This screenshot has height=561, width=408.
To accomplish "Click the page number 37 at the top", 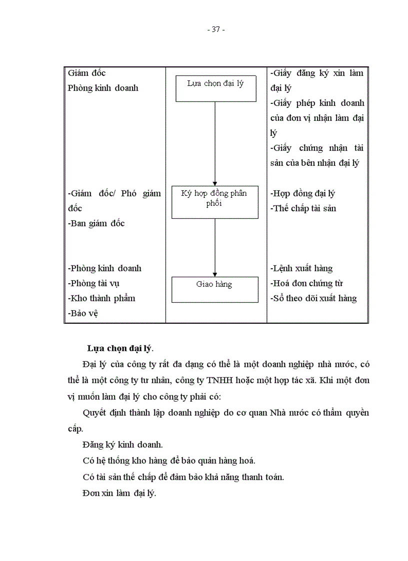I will pos(216,29).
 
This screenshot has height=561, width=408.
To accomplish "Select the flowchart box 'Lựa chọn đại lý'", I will pos(215,88).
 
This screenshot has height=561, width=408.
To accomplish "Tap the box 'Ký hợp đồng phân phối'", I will pos(215,202).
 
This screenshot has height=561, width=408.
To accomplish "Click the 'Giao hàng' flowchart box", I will pos(215,289).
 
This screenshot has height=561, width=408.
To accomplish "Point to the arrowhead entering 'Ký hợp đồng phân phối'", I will pos(215,182).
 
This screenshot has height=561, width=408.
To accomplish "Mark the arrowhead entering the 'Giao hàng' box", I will pos(215,274).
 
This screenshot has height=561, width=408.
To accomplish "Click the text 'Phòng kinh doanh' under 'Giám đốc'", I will pos(103,88).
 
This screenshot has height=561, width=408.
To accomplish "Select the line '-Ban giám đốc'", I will pos(96,223).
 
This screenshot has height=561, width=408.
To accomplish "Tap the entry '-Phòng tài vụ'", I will pos(93,283).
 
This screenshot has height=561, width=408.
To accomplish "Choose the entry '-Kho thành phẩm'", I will pos(101,298).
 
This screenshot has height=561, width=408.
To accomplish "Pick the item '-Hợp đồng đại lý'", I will pos(303,193).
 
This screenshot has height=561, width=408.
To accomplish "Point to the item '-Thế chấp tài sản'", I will pos(303,208).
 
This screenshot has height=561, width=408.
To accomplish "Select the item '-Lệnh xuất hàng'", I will pos(301,268).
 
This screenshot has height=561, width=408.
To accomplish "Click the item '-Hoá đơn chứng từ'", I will pos(306,283).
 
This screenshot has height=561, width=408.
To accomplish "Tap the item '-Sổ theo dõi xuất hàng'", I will pos(313,298).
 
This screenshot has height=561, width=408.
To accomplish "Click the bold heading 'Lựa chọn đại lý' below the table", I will pos(120,348).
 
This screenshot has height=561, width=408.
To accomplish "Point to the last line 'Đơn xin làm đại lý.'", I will pos(119,493).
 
